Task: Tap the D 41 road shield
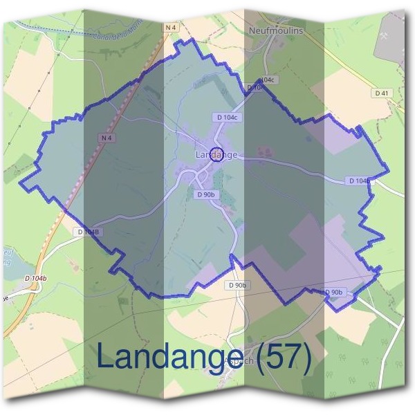tap(382, 93)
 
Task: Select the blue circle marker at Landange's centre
tap(216, 155)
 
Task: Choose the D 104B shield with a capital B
tap(89, 232)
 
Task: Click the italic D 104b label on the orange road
tap(34, 278)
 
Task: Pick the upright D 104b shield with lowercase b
tap(359, 181)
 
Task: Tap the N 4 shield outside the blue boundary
tap(171, 27)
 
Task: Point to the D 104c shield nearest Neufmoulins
tap(265, 80)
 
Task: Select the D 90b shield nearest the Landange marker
tap(205, 195)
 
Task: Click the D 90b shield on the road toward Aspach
tap(236, 285)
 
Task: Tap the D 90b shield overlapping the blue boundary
tap(333, 293)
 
